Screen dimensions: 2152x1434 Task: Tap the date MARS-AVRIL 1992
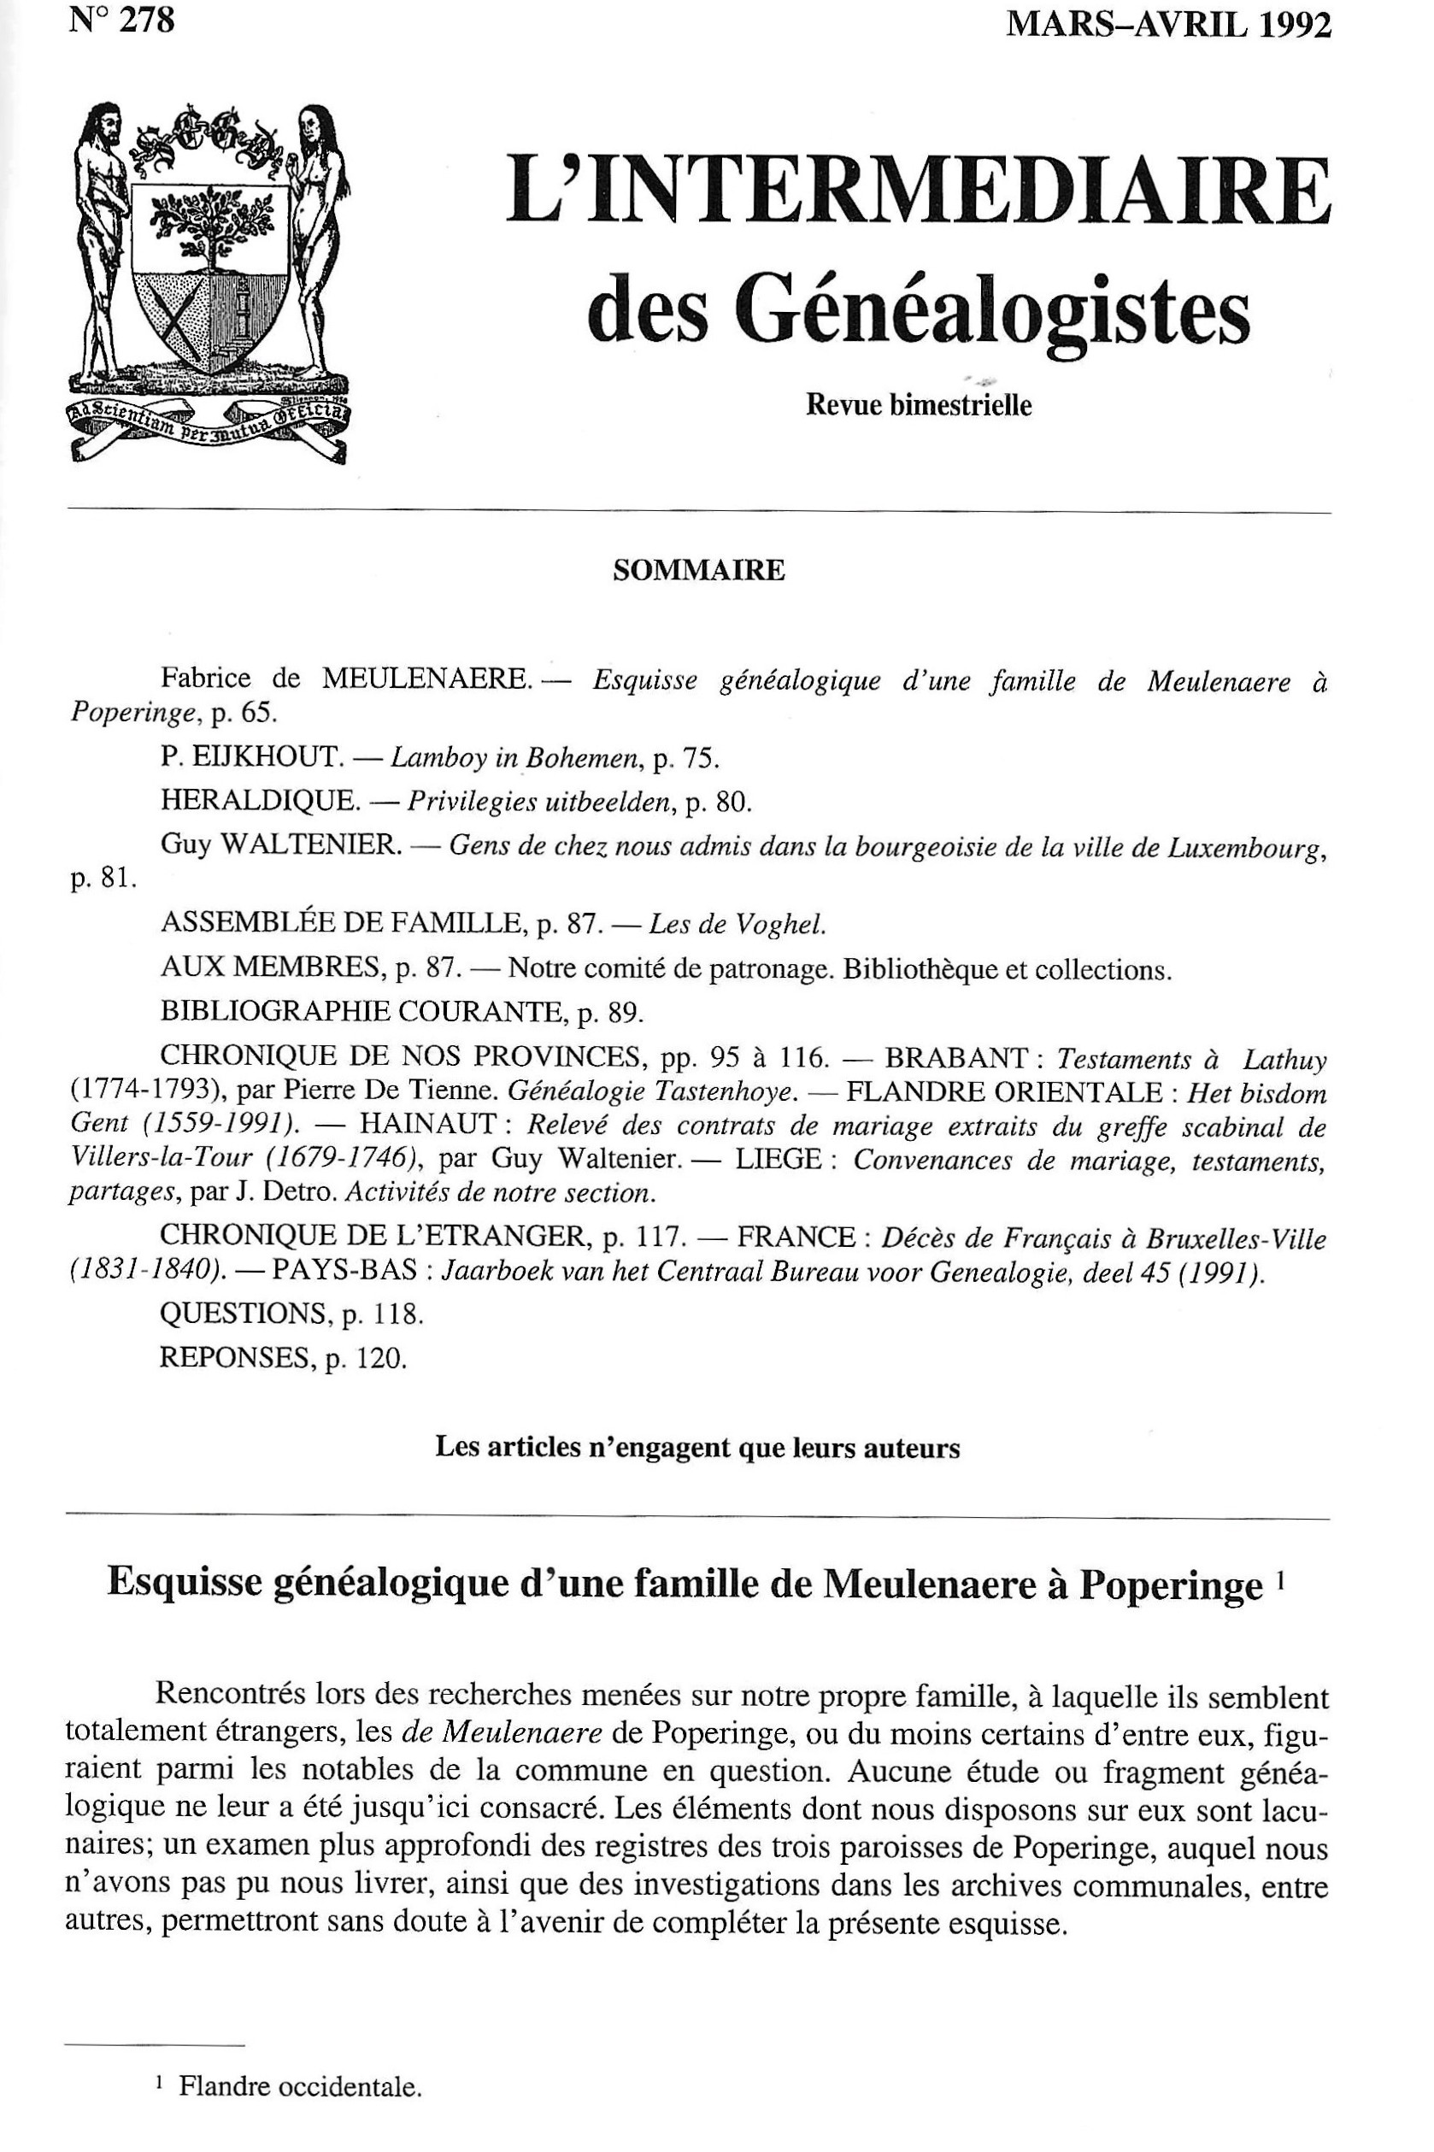point(1168,25)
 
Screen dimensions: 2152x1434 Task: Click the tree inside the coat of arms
point(211,220)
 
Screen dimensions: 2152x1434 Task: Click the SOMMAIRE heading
point(699,571)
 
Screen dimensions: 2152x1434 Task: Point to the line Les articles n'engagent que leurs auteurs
point(698,1448)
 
